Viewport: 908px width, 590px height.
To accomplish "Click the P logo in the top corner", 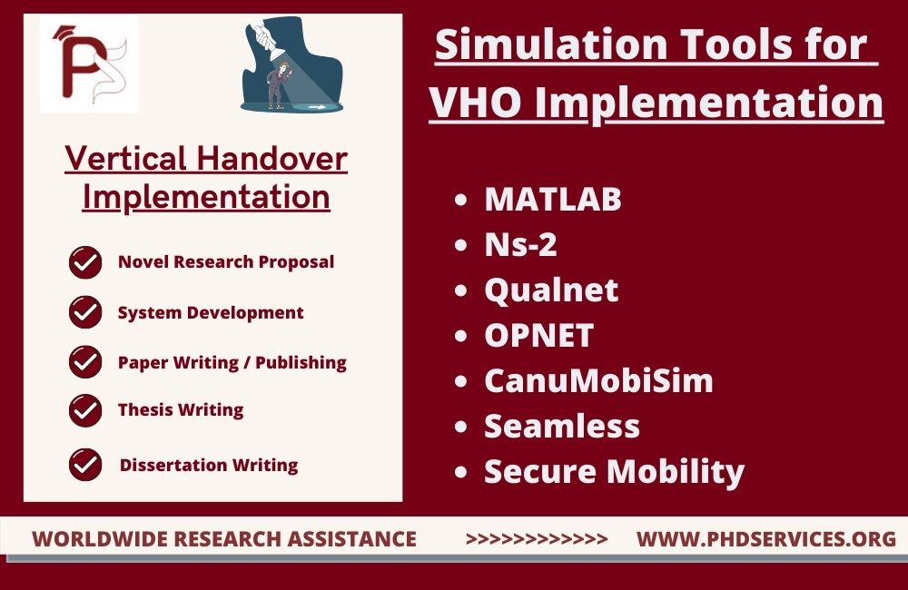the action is pos(89,64).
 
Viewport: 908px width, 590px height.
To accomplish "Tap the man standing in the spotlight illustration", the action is pos(279,85).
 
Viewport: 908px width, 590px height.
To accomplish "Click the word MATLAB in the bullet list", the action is pos(552,199).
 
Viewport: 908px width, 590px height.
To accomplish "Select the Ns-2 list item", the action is pos(520,244).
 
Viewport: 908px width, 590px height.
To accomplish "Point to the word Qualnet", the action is pos(551,290).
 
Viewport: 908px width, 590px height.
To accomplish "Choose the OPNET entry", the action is pos(538,335).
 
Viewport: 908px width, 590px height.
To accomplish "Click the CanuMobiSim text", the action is pos(598,380).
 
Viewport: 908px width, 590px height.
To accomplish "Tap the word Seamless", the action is pos(562,426).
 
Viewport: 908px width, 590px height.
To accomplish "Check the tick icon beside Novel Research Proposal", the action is pos(85,262).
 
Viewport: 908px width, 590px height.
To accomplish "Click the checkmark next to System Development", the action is pos(85,312).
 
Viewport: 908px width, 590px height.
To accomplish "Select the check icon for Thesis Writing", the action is pos(85,410).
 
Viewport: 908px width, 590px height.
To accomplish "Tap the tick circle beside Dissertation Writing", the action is pos(85,465).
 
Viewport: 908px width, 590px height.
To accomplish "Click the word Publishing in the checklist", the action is pos(301,363).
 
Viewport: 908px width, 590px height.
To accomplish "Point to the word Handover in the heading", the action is pos(271,158).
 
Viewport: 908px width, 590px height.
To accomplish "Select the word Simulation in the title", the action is pos(551,44).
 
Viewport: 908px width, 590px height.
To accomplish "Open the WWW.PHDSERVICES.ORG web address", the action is pos(766,539).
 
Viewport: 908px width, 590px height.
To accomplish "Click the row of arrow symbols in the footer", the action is pos(537,539).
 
